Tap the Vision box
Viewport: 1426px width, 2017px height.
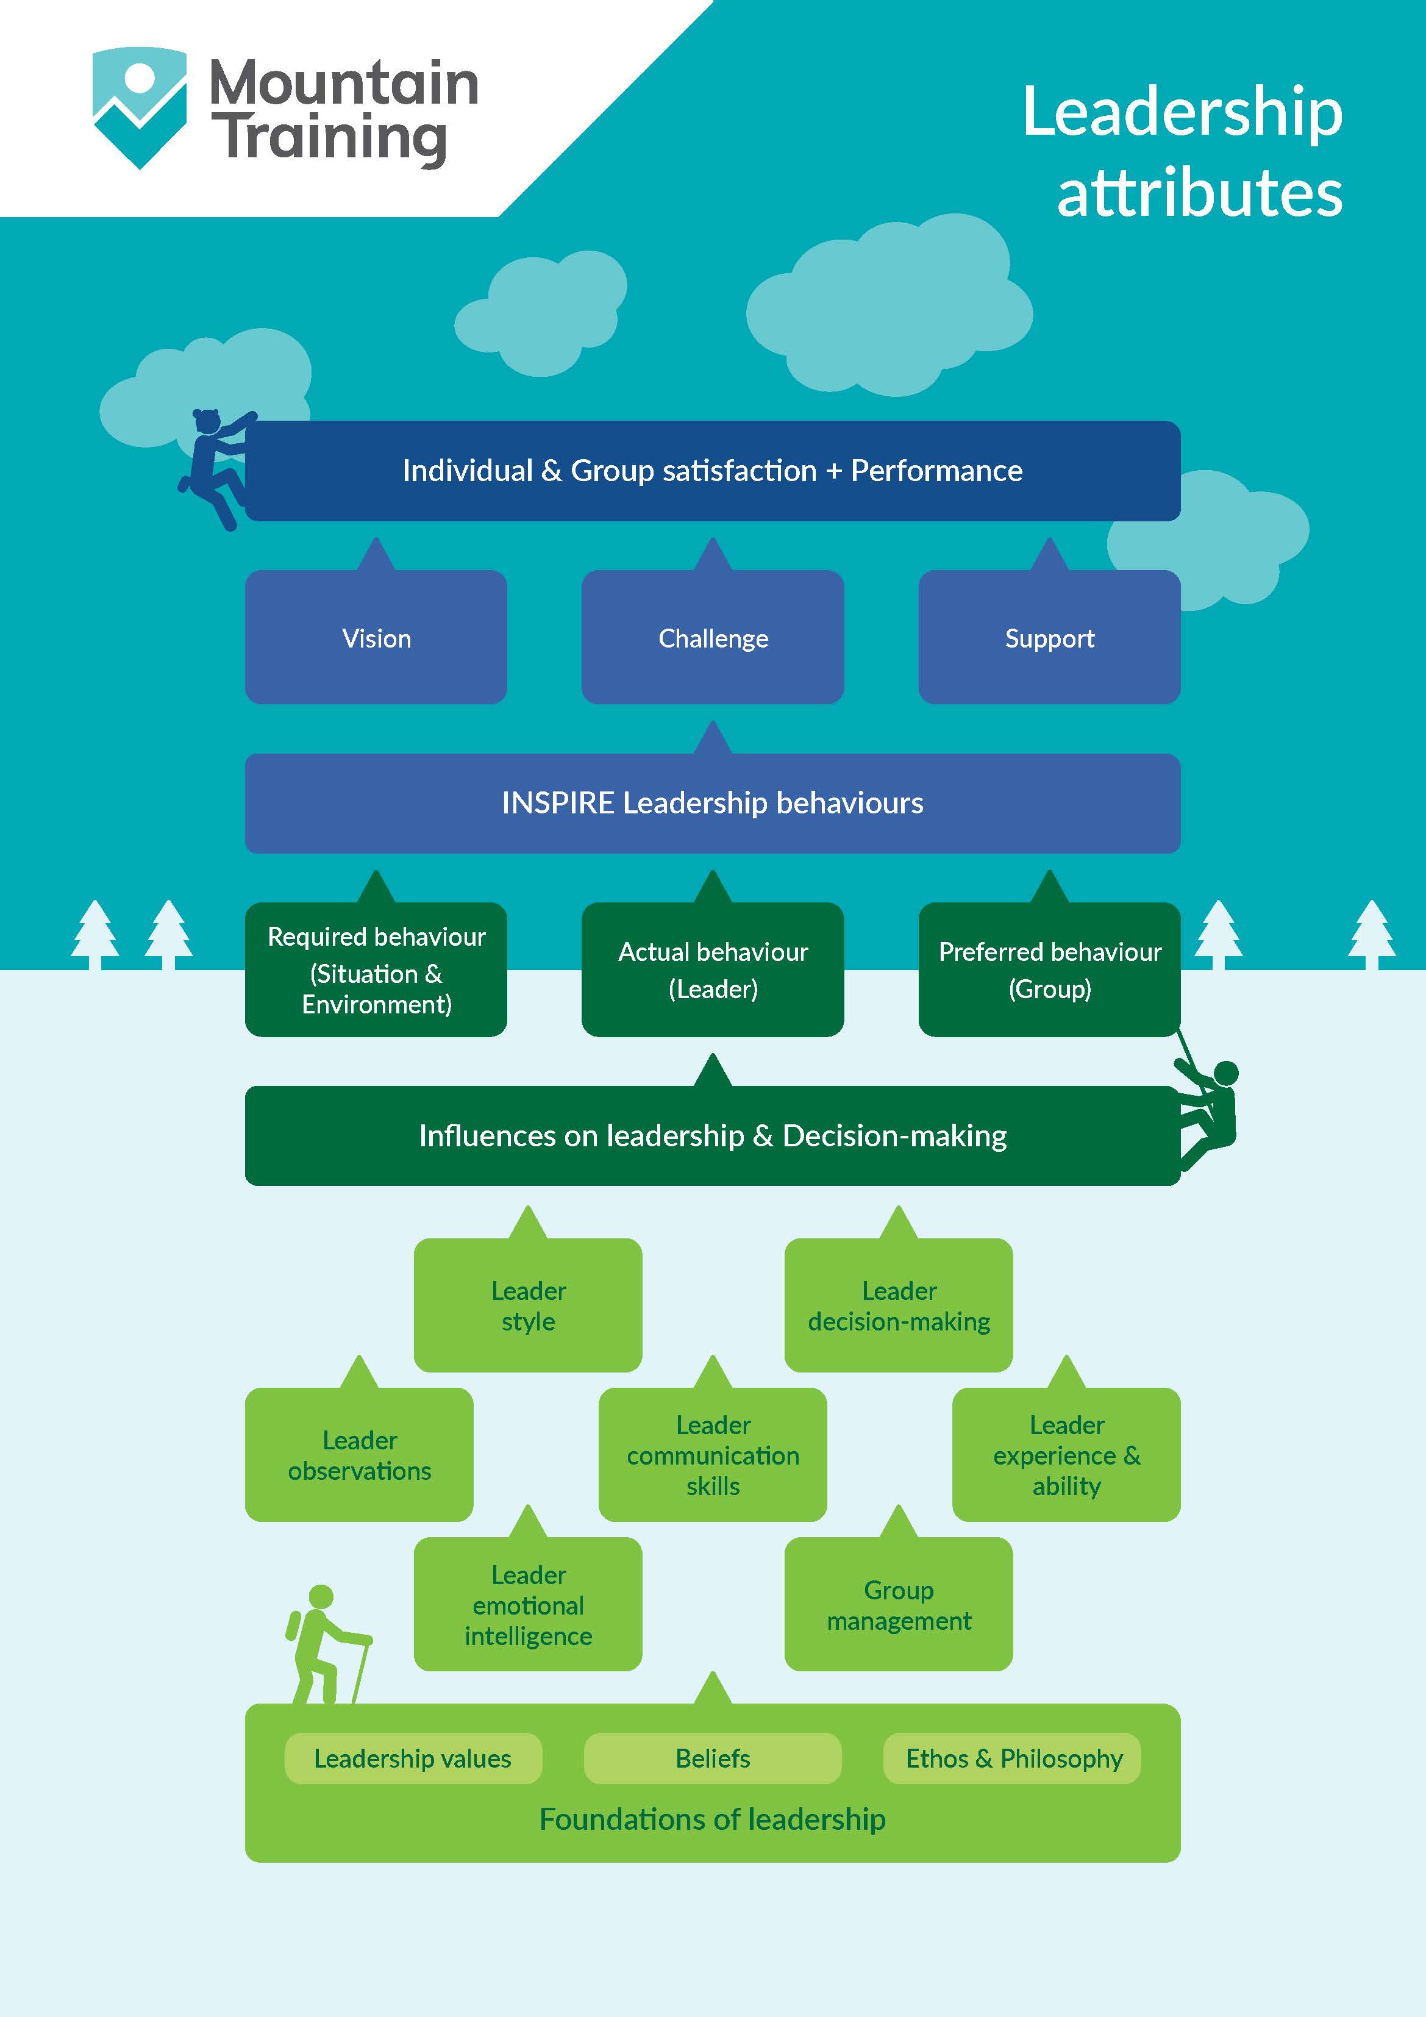click(x=376, y=638)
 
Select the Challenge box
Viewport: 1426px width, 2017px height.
click(x=713, y=638)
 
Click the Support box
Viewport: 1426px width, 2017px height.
click(x=1049, y=638)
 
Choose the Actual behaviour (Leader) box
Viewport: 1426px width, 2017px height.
click(x=713, y=970)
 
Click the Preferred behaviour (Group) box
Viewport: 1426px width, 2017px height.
click(x=1049, y=970)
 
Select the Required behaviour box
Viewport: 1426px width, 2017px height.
click(x=376, y=970)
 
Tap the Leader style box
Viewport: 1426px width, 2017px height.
click(x=528, y=1305)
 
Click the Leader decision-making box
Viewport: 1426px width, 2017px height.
click(x=898, y=1305)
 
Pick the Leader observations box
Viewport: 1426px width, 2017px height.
click(x=359, y=1455)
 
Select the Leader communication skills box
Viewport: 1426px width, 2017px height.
click(x=713, y=1455)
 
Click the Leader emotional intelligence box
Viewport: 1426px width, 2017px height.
click(x=528, y=1604)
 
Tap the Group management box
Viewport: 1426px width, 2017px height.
click(x=898, y=1604)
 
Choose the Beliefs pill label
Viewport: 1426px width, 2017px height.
click(x=713, y=1758)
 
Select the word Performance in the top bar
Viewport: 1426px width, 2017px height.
click(x=936, y=471)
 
